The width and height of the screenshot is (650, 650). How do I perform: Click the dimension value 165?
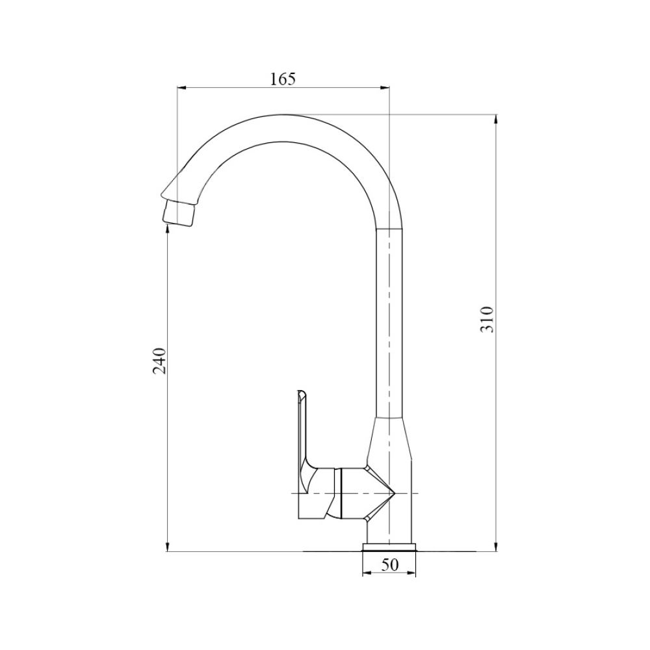[x=283, y=79]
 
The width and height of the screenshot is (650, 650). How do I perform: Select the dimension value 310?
[x=487, y=319]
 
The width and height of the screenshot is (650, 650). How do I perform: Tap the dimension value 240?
[x=160, y=361]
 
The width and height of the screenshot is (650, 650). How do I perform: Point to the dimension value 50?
[x=389, y=565]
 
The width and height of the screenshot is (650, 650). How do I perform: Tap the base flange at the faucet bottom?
[x=389, y=547]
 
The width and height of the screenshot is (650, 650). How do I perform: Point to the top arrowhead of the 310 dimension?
[x=496, y=118]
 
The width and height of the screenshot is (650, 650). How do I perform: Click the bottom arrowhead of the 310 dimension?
[x=496, y=547]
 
